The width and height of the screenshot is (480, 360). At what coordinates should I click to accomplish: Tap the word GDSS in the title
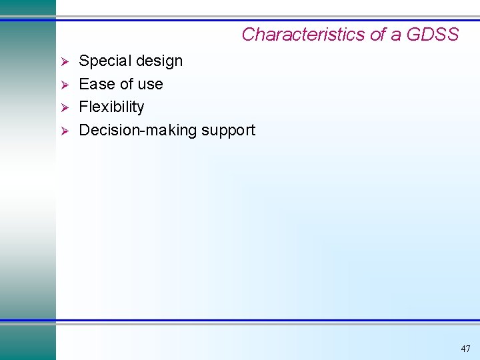point(433,35)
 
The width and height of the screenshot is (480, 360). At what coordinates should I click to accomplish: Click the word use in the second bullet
point(150,85)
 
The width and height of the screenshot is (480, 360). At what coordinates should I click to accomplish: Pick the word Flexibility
point(111,107)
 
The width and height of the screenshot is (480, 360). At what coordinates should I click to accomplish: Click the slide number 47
point(465,349)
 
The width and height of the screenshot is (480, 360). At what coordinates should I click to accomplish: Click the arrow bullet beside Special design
point(65,62)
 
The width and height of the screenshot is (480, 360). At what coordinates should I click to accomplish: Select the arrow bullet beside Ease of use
point(65,85)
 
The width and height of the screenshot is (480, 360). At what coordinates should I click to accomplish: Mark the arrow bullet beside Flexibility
point(65,107)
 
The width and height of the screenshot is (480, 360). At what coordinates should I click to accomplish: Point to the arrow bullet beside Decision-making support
point(65,131)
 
